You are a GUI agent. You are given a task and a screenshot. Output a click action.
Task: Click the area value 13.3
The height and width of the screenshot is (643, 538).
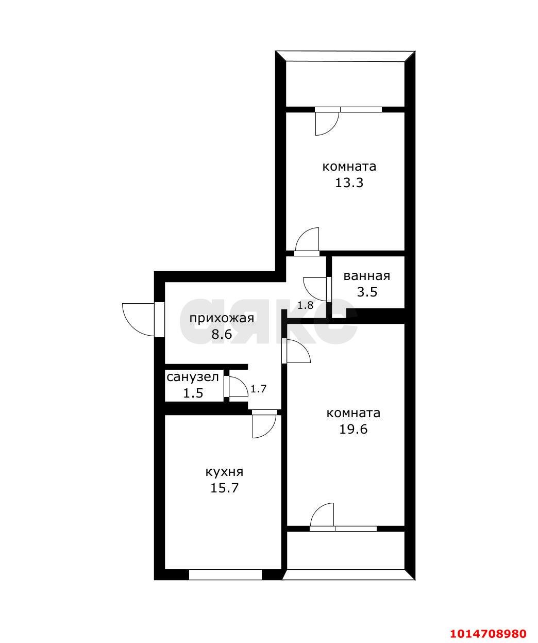(x=349, y=183)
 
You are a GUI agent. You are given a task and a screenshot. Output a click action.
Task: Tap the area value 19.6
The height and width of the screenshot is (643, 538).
(x=354, y=430)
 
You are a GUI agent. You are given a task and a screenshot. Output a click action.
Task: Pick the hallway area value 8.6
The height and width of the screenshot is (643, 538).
(x=222, y=334)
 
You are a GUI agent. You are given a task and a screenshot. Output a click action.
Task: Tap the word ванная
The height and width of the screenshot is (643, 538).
(x=366, y=276)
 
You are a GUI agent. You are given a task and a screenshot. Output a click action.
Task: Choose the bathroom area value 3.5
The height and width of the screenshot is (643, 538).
(x=367, y=292)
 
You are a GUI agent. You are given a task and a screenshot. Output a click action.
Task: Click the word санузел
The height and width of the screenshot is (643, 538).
(x=193, y=377)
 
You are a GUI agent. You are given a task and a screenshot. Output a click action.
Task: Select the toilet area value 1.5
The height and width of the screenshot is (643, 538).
(x=193, y=393)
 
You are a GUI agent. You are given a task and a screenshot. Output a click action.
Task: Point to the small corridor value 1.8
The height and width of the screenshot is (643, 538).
(x=305, y=305)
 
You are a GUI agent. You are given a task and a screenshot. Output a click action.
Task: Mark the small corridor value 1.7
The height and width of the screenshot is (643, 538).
(x=258, y=389)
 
